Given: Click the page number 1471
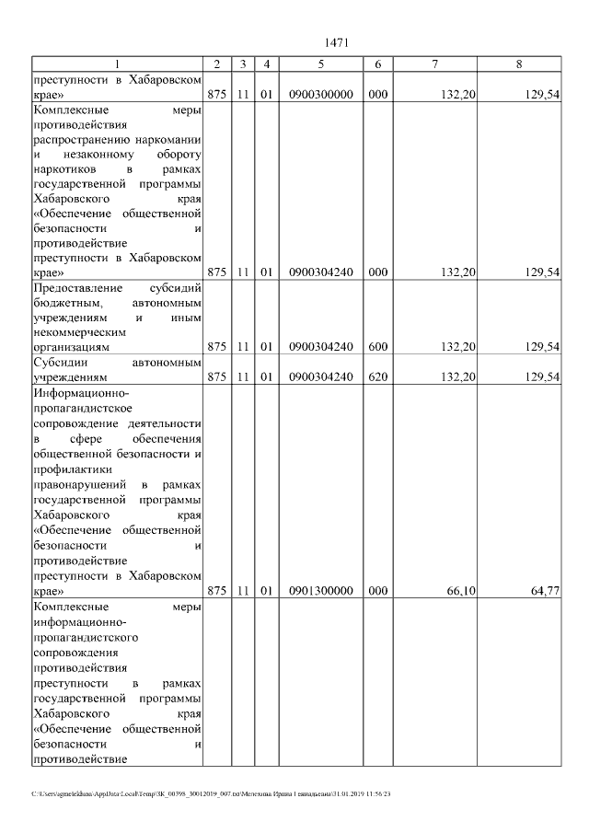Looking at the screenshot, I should (335, 42).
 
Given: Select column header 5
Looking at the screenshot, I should (320, 64).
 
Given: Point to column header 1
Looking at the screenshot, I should (117, 64).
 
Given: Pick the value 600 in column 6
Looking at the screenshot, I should (377, 347).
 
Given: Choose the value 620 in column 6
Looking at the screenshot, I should (377, 377).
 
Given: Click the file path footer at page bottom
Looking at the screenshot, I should (211, 793).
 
